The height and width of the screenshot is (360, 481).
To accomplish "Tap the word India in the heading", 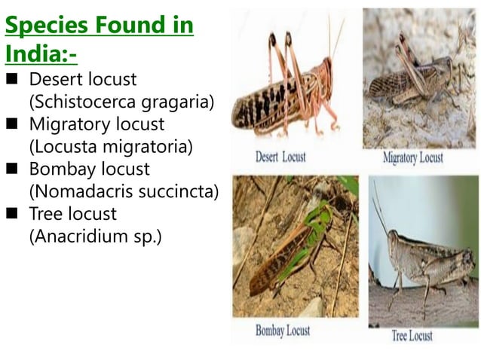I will (35, 54).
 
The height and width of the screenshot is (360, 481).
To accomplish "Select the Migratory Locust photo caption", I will (412, 158).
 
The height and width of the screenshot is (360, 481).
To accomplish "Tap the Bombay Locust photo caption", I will (283, 330).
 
